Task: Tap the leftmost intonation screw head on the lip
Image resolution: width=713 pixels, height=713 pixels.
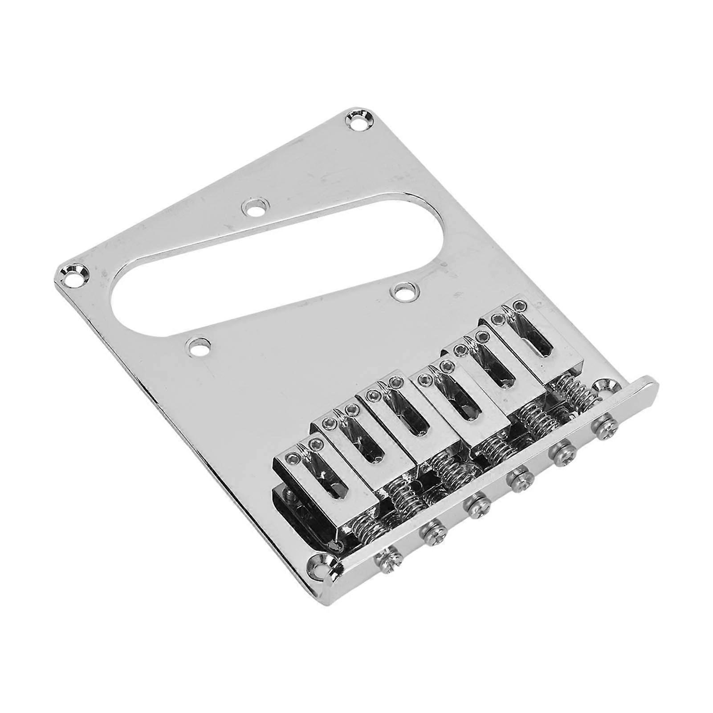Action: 391,557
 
